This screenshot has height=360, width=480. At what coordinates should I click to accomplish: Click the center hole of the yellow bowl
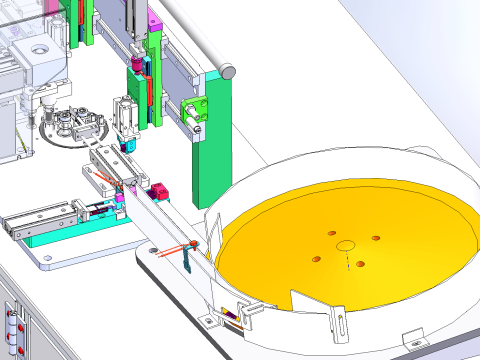346,245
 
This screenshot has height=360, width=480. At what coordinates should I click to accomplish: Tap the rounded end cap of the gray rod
228,72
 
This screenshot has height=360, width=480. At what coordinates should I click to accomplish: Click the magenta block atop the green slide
153,19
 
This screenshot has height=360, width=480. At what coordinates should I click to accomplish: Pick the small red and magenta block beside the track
157,190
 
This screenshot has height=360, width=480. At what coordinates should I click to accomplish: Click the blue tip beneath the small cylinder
127,146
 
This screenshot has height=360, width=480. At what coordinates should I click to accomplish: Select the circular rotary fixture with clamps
74,125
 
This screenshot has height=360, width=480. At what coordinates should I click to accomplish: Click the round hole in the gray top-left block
39,49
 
